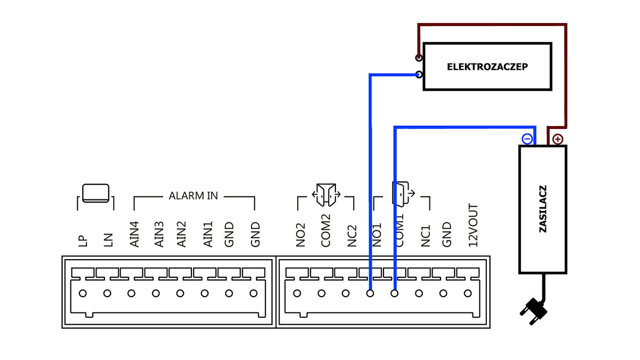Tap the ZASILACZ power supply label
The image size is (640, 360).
[543, 209]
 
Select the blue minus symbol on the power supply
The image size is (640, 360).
[527, 139]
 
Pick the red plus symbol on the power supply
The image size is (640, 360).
[557, 139]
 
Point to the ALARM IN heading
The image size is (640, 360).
[193, 196]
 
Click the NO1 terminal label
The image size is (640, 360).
[378, 235]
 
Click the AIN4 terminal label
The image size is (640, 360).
[135, 234]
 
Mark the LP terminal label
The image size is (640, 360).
[83, 238]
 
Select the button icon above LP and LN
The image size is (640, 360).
[95, 193]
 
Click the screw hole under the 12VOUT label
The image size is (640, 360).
[468, 293]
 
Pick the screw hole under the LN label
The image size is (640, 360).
[107, 293]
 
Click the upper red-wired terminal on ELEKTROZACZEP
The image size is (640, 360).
[419, 58]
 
